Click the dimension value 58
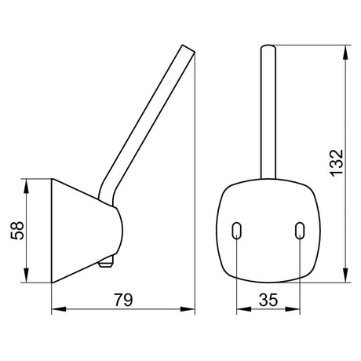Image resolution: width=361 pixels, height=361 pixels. (x=17, y=231)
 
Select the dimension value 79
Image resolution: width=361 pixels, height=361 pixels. (x=123, y=300)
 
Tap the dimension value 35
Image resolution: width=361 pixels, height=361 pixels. (x=268, y=300)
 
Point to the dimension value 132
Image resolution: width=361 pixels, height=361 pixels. (x=337, y=162)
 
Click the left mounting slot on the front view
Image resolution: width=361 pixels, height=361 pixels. (x=236, y=231)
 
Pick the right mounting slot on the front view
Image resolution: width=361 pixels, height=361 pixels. (x=300, y=231)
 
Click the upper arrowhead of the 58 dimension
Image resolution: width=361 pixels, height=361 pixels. (x=26, y=186)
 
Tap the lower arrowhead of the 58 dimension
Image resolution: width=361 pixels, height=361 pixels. (x=26, y=275)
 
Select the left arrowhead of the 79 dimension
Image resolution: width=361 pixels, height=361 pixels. (x=59, y=309)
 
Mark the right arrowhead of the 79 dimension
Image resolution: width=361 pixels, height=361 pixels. (x=188, y=309)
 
